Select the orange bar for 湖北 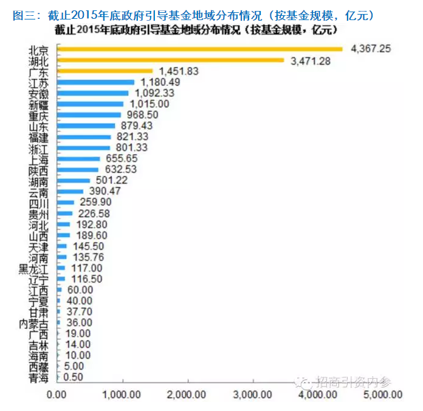170,60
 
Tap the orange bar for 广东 105,71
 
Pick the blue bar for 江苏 95,82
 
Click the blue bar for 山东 86,125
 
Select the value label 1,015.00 149,104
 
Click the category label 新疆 41,104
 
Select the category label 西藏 41,367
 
